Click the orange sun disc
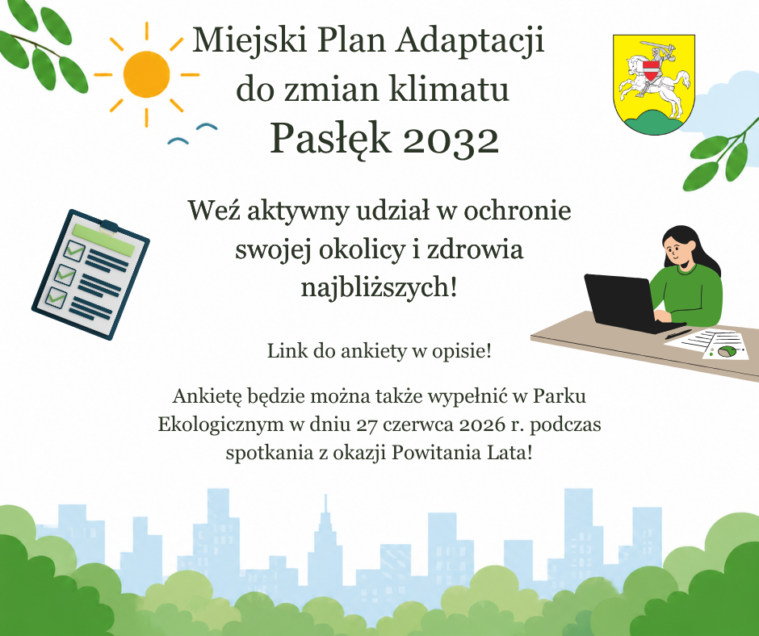146,74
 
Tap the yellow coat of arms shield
654,84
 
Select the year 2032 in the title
451,140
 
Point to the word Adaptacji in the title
470,41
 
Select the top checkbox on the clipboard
74,251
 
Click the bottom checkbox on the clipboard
57,296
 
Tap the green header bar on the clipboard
103,240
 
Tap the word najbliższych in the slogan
379,288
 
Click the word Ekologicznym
220,425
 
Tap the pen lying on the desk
678,334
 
